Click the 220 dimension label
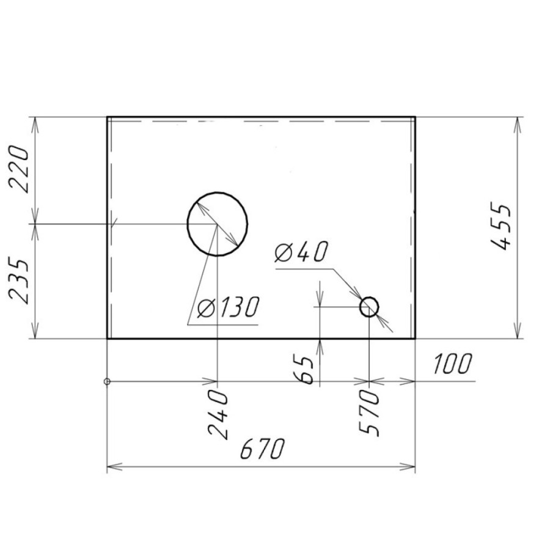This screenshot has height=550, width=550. (x=20, y=169)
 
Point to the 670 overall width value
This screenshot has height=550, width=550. (x=262, y=449)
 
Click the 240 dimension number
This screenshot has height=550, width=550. (x=218, y=414)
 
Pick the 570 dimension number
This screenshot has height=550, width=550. (x=369, y=413)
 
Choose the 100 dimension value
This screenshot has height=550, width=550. (x=452, y=364)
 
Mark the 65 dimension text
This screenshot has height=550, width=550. (x=302, y=370)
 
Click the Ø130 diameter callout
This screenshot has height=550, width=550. (x=228, y=307)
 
